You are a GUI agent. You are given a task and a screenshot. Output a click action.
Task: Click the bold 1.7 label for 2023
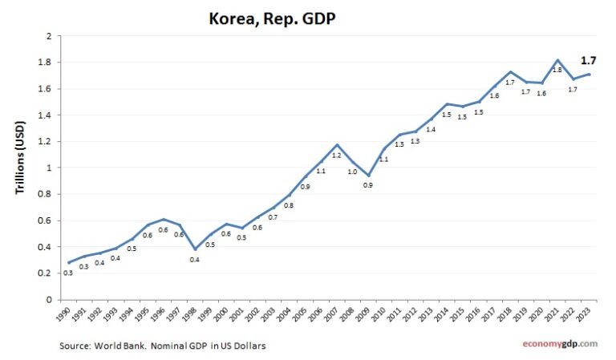pyautogui.click(x=588, y=60)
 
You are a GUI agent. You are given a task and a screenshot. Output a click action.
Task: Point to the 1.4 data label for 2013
pyautogui.click(x=431, y=129)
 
